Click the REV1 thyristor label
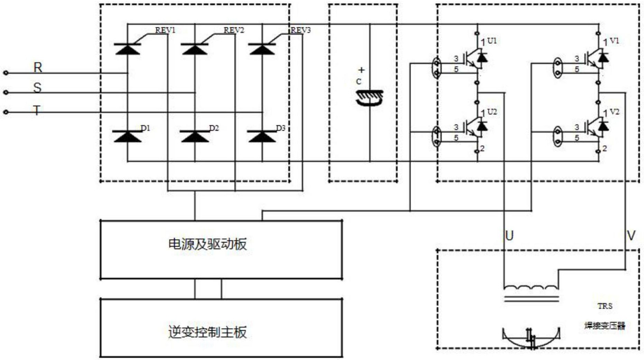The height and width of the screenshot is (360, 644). coord(165,30)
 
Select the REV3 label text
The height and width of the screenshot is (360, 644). coord(300,30)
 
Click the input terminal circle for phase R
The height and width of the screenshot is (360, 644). coord(6,73)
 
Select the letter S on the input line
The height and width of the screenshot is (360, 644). coord(37,88)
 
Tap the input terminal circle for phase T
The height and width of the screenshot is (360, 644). coord(6,112)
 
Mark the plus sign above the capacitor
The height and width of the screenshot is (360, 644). coord(361,70)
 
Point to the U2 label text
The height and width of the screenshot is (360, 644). coord(492,112)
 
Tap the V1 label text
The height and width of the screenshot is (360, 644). coord(614,41)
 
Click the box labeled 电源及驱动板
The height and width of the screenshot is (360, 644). coord(221,249)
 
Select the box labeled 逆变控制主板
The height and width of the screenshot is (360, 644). coord(221,328)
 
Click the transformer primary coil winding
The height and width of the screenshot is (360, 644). coord(531,287)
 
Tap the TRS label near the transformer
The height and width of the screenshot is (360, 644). coord(605,306)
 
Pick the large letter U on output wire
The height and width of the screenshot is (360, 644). coord(509,236)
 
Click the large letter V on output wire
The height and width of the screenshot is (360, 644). coord(631,236)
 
